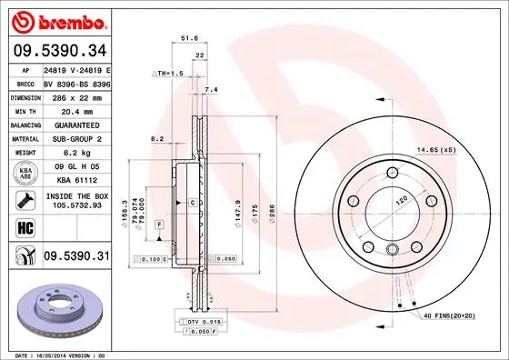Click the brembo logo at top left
(57, 20)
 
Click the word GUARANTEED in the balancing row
(76, 124)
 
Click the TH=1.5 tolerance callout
(167, 72)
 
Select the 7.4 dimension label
(212, 90)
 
